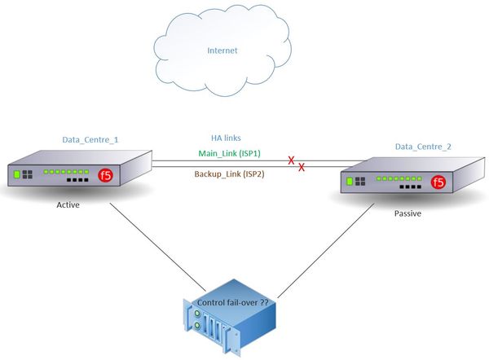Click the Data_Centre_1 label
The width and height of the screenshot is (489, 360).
pos(90,139)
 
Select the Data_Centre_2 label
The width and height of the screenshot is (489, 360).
pos(423,146)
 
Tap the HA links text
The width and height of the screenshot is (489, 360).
pos(226,138)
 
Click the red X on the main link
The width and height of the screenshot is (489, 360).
pos(291,160)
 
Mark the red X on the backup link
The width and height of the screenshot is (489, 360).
pos(302,167)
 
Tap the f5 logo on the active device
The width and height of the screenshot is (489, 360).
pos(105,174)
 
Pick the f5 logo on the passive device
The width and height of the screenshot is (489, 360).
pos(438,182)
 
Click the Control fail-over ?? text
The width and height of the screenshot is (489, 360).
pos(234,303)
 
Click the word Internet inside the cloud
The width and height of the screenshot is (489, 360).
pos(222,50)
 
